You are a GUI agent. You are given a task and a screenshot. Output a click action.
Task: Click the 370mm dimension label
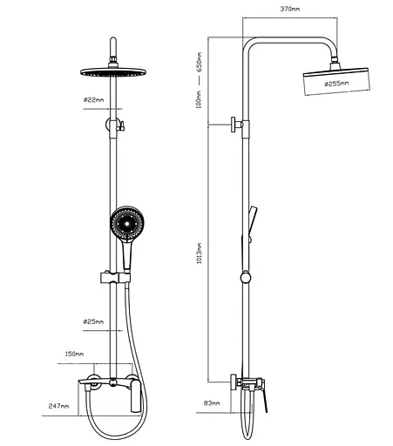pyautogui.click(x=290, y=9)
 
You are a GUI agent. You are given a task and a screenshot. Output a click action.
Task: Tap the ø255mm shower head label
pyautogui.click(x=336, y=84)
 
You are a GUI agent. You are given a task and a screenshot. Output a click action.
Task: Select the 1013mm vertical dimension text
pyautogui.click(x=200, y=253)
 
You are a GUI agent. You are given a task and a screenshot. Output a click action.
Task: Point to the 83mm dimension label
pyautogui.click(x=212, y=403)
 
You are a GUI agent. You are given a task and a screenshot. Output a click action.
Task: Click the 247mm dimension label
pyautogui.click(x=58, y=406)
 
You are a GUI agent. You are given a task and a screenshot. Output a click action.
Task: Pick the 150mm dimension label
pyautogui.click(x=74, y=354)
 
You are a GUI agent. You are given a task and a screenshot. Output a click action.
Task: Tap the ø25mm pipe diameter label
pyautogui.click(x=93, y=321)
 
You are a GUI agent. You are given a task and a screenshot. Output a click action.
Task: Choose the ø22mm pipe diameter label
pyautogui.click(x=93, y=100)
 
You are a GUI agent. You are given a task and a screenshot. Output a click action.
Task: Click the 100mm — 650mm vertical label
pyautogui.click(x=199, y=80)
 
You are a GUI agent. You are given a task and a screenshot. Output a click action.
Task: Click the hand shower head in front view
pyautogui.click(x=127, y=223)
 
